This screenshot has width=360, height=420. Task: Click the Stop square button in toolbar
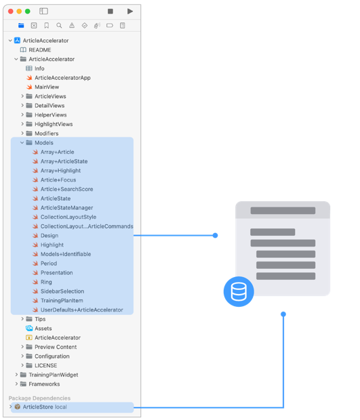tap(111, 12)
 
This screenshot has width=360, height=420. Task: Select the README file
tap(39, 50)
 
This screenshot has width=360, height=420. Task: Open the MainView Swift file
tap(47, 87)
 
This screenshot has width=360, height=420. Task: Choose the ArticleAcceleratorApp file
tap(62, 78)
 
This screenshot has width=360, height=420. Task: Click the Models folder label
tap(43, 143)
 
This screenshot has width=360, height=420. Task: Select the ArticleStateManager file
tap(66, 208)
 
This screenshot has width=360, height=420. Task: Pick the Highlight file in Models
tap(52, 245)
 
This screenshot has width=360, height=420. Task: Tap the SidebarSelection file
tap(62, 291)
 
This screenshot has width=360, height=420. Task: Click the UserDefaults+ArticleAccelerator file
tap(81, 310)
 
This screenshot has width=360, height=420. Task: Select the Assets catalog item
tap(43, 329)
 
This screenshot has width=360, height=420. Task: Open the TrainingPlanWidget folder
tap(54, 375)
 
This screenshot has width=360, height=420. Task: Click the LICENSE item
tap(45, 365)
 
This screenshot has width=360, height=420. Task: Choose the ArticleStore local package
tap(45, 407)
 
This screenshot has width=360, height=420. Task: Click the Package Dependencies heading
tap(39, 398)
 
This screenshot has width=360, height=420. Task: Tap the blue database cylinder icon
tap(239, 292)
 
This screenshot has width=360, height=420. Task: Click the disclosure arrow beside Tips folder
tap(22, 319)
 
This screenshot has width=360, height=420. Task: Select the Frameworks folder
tap(44, 384)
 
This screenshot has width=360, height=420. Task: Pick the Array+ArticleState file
tap(64, 161)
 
